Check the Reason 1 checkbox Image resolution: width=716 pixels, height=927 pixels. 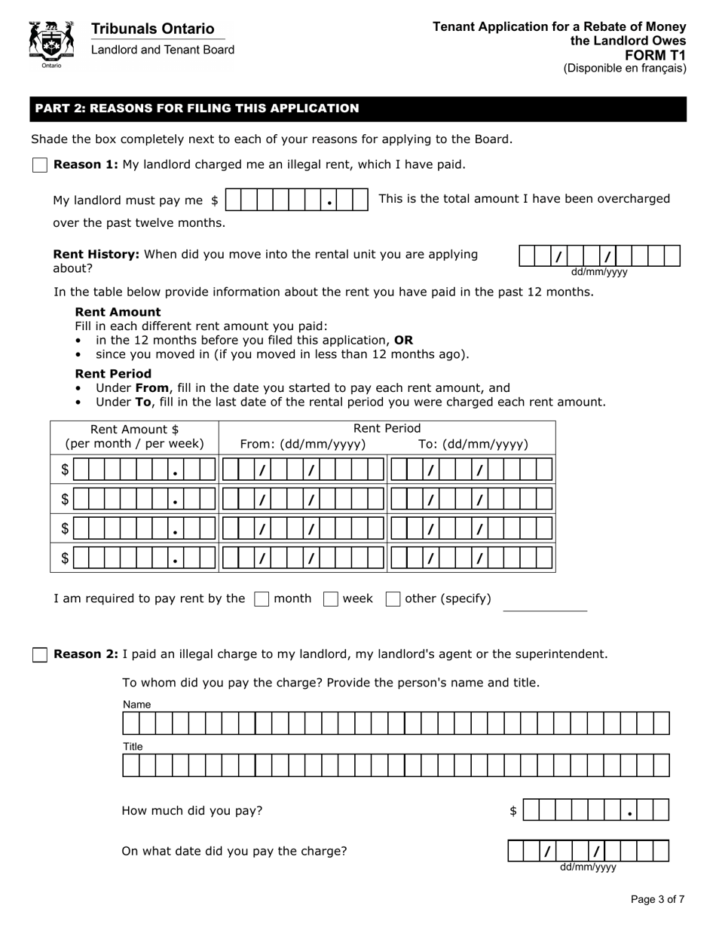point(40,165)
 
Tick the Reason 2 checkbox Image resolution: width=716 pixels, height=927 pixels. point(40,655)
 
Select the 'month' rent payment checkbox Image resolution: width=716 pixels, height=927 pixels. point(262,599)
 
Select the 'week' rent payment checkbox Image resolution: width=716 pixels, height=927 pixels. point(330,599)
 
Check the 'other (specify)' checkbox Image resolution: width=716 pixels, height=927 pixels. point(393,599)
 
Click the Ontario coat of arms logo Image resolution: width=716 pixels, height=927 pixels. point(51,44)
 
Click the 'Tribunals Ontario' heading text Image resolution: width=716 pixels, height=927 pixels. point(152,29)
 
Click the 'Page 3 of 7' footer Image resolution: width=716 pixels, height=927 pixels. point(657,899)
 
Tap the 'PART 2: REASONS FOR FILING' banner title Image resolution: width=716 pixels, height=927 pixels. point(197,109)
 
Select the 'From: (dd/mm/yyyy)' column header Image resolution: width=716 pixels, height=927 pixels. point(303,444)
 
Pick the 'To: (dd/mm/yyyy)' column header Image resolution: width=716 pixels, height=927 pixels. point(473,444)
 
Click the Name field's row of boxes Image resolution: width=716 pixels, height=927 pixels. point(396,724)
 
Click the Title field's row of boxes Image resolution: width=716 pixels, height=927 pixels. point(396,766)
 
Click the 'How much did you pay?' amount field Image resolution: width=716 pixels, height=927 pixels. point(595,810)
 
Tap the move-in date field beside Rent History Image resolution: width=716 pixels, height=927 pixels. point(600,256)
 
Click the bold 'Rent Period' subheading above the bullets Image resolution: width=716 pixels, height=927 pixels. point(113,374)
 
